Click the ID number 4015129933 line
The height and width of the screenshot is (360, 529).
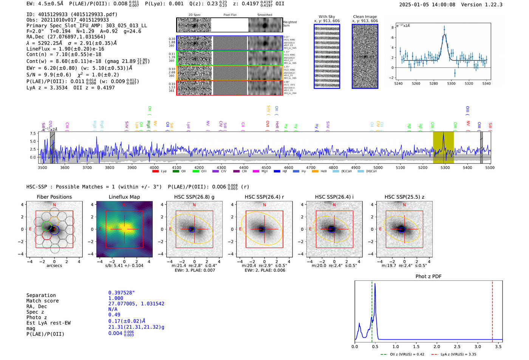(72, 14)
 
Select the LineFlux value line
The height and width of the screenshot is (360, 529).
(65, 49)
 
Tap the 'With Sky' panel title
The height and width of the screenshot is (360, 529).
(326, 17)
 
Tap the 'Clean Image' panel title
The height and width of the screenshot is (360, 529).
(365, 17)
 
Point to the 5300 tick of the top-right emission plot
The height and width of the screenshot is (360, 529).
(451, 83)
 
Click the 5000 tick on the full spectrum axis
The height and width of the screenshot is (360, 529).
(378, 167)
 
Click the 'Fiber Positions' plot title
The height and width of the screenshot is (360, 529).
(54, 197)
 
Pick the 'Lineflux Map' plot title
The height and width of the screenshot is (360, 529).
(124, 197)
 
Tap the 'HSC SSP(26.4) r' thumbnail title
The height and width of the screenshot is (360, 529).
(264, 197)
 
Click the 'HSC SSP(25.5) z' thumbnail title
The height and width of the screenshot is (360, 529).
(404, 197)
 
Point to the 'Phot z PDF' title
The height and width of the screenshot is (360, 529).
(428, 277)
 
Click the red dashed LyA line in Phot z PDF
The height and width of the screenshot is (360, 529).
(492, 310)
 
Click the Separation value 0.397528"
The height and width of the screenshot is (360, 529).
(121, 293)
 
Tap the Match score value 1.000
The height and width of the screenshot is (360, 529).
(116, 298)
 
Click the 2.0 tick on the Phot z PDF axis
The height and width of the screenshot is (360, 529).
(437, 346)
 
